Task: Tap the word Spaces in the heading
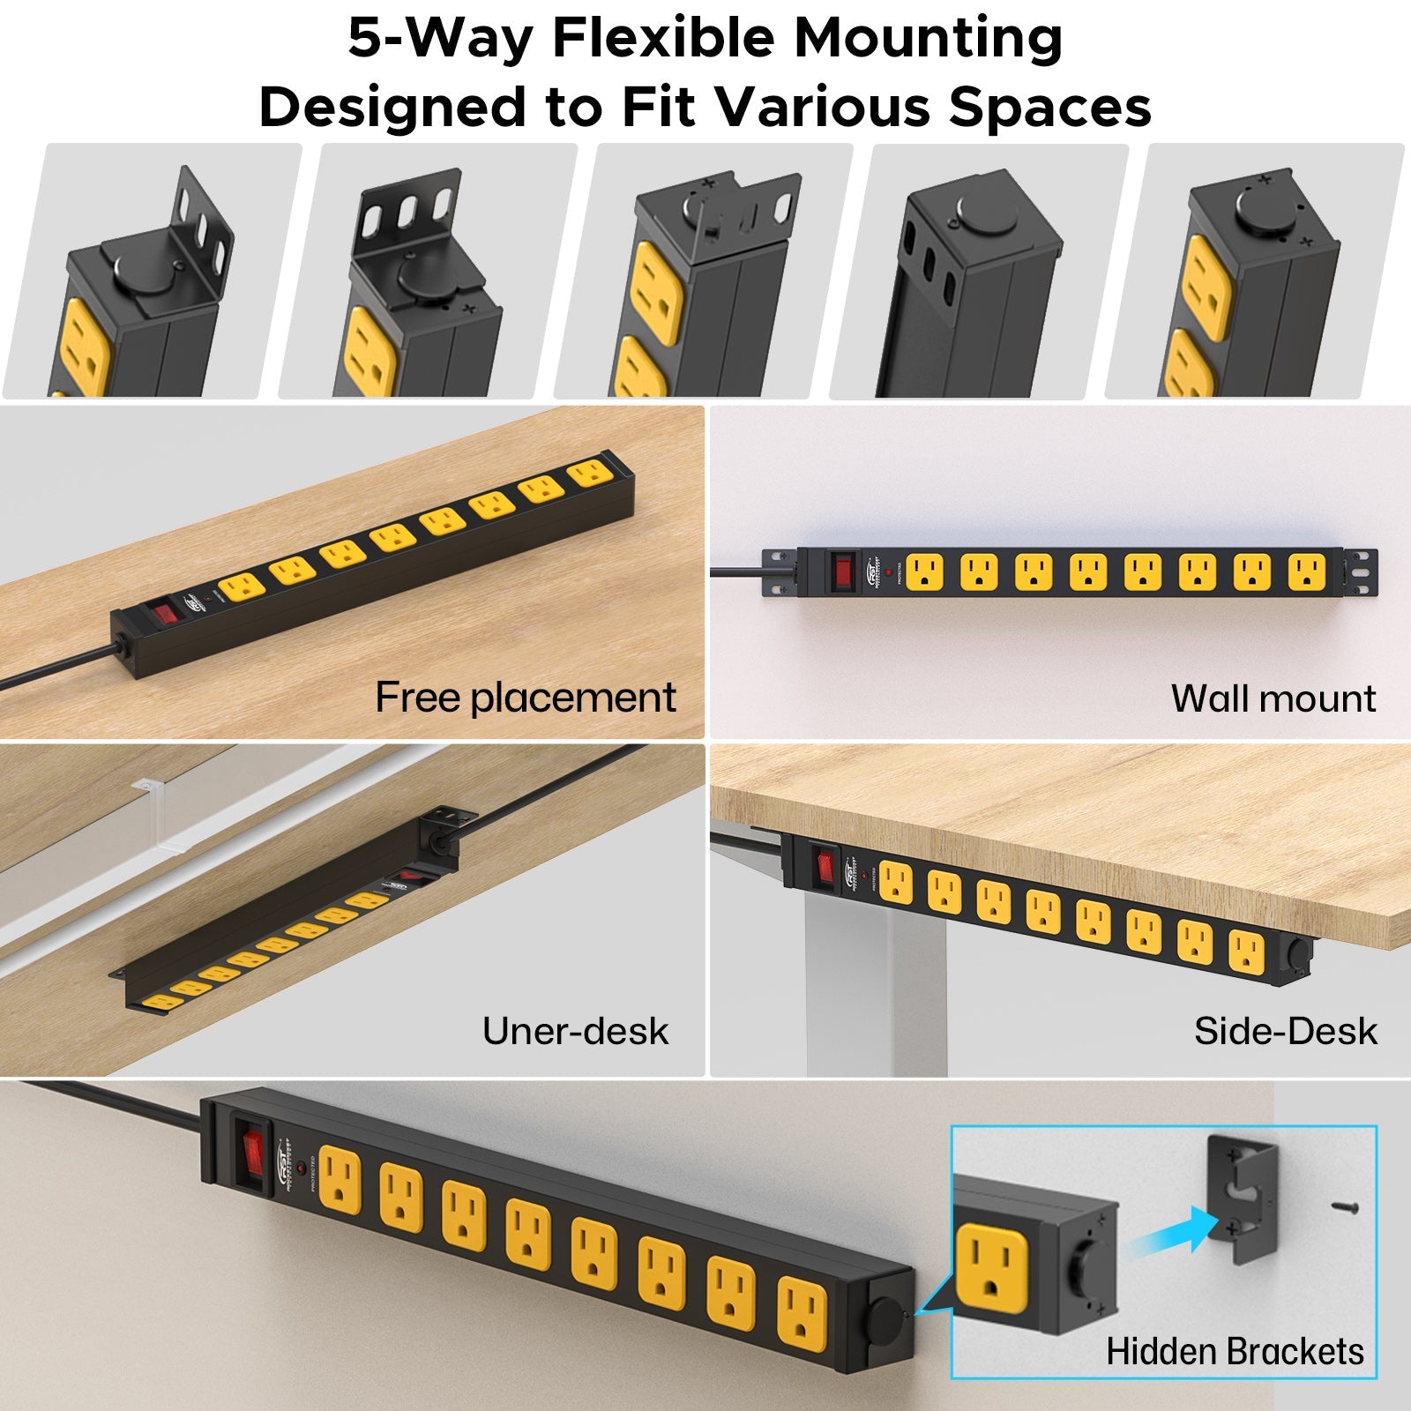[1049, 108]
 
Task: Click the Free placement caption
[525, 698]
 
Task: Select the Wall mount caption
[1273, 698]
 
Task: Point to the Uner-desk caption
[575, 1031]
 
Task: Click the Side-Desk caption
[1285, 1031]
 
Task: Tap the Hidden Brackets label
[1235, 1351]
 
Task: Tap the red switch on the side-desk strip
[825, 865]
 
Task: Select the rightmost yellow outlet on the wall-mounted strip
[1306, 571]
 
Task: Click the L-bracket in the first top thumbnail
[205, 231]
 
